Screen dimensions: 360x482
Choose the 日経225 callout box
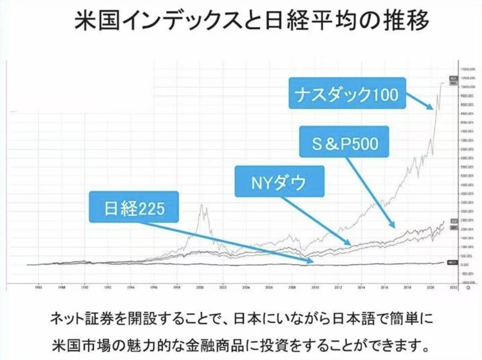click(x=134, y=208)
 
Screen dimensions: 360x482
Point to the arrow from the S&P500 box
click(x=373, y=192)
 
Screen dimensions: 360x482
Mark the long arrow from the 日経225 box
click(x=226, y=241)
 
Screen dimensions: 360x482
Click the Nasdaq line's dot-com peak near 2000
click(x=201, y=205)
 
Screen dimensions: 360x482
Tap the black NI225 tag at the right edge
click(x=454, y=262)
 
